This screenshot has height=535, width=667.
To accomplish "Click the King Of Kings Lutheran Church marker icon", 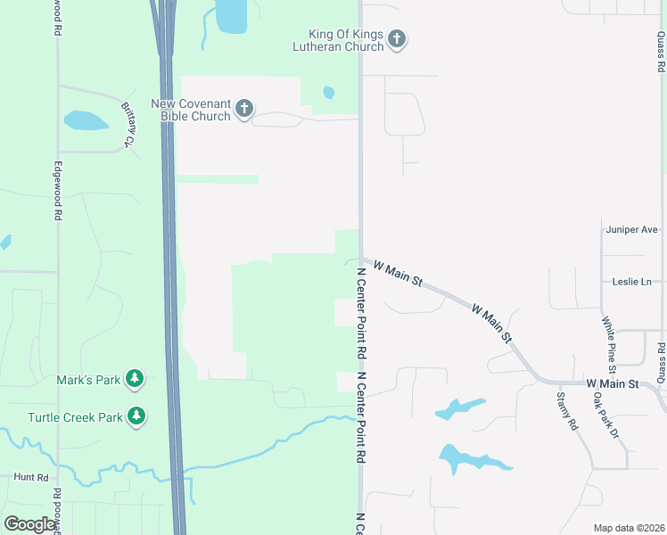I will pos(398,39).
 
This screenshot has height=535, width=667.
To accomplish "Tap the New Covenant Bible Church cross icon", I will pos(244,110).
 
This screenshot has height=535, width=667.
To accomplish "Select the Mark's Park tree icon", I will pos(135,380).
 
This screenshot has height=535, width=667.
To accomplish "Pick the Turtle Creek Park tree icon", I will pos(136,416).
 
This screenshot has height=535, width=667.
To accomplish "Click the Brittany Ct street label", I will pos(128,124).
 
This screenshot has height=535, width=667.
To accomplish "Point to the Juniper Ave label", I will pos(630,230).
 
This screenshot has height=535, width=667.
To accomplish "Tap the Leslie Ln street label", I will pos(632,282).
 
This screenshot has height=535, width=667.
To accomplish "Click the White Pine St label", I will pos(607,344).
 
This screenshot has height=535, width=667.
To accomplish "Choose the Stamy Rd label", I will pos(566,411).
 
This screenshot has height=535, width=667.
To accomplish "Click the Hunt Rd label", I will pos(30,477).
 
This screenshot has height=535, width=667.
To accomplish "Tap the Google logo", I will pos(30,524).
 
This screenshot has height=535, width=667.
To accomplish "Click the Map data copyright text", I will pos(628,528).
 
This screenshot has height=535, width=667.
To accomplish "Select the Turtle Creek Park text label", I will pos(74,416).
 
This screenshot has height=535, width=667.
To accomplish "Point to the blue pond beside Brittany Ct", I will pos(86,120).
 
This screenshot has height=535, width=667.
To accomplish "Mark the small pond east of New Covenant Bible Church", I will pos(329,92).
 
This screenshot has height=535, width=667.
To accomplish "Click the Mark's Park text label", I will pos(88,380).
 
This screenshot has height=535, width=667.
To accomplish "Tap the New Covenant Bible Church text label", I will pos(191,110).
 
